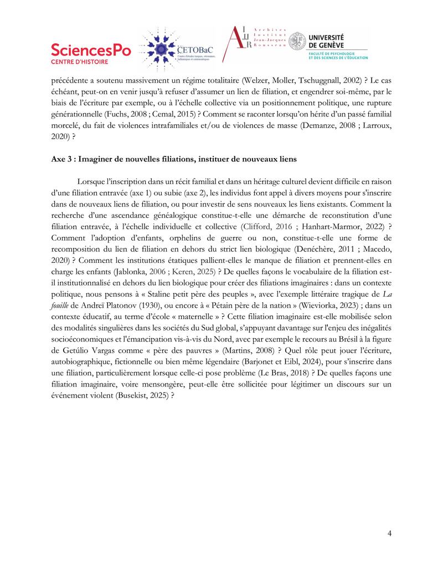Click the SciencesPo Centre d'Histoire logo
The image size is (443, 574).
point(91,53)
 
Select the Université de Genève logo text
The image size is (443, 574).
point(338,40)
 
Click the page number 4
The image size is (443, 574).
point(390,534)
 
